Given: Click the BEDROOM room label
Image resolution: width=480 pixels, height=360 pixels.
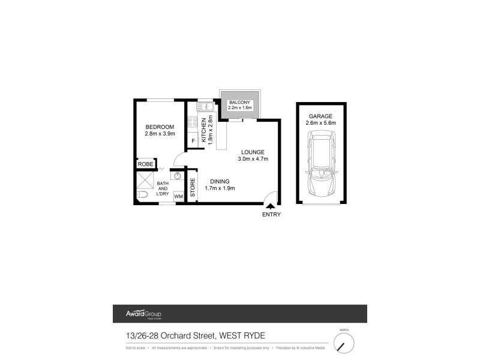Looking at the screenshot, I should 160,127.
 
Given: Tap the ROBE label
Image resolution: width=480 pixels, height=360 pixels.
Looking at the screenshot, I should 146,164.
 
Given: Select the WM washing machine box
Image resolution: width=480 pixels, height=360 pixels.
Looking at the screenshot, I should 178,196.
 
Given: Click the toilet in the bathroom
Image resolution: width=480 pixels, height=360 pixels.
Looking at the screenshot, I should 142,194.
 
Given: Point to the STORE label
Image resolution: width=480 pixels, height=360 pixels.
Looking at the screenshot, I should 193,188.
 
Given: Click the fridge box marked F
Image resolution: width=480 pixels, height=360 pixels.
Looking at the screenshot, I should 193,141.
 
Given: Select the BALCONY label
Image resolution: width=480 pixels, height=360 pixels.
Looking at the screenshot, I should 239,103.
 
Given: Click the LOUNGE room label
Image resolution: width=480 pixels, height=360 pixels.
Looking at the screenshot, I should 253,151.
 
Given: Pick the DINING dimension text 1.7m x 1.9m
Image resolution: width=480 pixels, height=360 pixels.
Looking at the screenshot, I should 220,188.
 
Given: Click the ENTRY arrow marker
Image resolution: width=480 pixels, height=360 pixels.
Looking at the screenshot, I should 271,206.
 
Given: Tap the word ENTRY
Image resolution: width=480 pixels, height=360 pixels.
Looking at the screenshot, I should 271,214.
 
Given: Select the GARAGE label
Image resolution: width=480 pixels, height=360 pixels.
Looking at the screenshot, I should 320,116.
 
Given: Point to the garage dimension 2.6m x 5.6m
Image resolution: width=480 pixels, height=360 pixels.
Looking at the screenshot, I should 320,123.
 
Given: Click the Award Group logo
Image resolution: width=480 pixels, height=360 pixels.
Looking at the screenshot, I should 143,314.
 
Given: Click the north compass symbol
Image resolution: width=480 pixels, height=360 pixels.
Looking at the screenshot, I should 344,344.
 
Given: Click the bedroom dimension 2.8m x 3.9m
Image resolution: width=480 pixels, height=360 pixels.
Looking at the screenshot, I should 160,134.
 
